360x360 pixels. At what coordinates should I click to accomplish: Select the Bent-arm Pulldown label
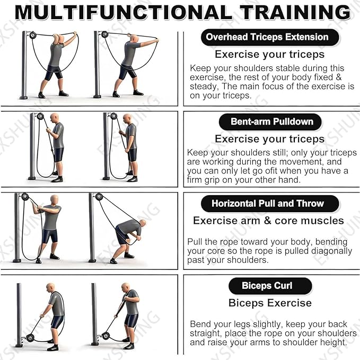pos(271,121)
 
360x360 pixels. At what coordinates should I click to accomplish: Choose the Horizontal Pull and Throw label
pos(270,204)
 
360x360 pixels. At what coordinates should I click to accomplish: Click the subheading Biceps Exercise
pos(270,303)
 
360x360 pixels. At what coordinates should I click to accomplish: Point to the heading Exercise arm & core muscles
pos(268,221)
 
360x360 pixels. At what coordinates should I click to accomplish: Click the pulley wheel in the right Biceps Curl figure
pos(105,336)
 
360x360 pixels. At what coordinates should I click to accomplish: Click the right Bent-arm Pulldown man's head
pos(127,118)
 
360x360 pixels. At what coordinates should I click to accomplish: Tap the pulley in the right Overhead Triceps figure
pos(104,34)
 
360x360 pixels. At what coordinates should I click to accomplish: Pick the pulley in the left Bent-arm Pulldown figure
pos(40,116)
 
